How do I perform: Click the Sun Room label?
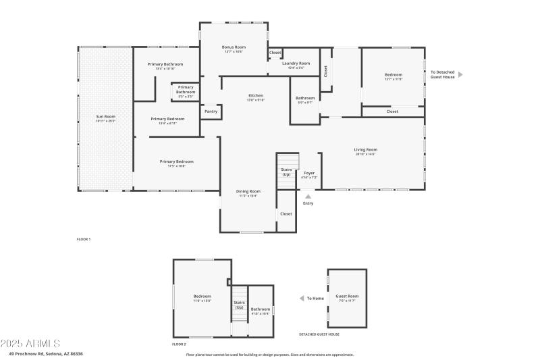(x=105, y=116)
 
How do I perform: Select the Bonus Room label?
(x=234, y=47)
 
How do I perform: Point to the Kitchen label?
(x=256, y=95)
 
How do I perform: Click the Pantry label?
(x=211, y=111)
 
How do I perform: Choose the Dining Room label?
(x=248, y=191)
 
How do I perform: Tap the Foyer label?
(x=308, y=173)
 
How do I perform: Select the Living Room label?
(x=365, y=149)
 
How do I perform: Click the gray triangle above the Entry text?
(x=308, y=196)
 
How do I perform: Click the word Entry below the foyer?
(x=308, y=203)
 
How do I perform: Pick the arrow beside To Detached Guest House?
(x=460, y=74)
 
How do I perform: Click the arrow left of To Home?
(x=301, y=298)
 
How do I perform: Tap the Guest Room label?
(x=347, y=297)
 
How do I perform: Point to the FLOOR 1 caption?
(x=83, y=239)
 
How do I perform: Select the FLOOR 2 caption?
(x=179, y=344)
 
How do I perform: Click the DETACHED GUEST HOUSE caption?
(x=319, y=334)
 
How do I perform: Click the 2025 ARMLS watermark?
(x=31, y=344)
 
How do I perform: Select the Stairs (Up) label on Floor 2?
(x=239, y=305)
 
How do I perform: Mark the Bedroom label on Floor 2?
(x=202, y=297)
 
